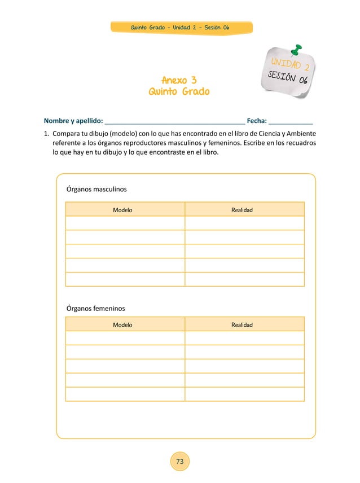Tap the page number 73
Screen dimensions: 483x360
pos(180,462)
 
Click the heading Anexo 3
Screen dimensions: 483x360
pos(179,80)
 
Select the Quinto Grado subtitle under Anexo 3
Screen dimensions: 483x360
pos(179,91)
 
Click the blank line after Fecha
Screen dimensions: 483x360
pos(291,121)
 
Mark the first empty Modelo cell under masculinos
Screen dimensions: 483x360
pos(125,223)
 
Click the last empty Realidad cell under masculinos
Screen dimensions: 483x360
pos(244,279)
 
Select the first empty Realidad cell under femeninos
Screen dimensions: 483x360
pos(244,338)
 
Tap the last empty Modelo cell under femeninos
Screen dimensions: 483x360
pos(125,394)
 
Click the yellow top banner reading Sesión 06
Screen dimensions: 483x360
pos(180,28)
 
